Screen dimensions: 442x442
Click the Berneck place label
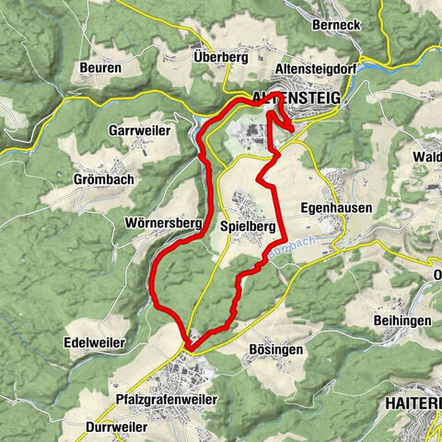(336, 25)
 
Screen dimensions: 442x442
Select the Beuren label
(101, 68)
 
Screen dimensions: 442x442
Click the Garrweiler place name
(139, 131)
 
